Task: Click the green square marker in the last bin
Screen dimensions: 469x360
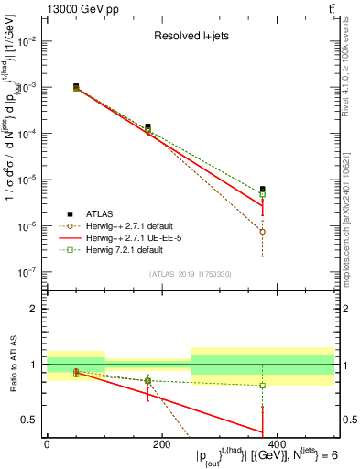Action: (x=262, y=194)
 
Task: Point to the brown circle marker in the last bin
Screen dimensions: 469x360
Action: (x=262, y=232)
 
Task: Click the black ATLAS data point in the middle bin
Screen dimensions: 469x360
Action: (x=147, y=127)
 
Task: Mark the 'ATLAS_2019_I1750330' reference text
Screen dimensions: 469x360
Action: (x=190, y=274)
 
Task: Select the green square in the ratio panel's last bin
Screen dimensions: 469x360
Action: (x=262, y=385)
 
